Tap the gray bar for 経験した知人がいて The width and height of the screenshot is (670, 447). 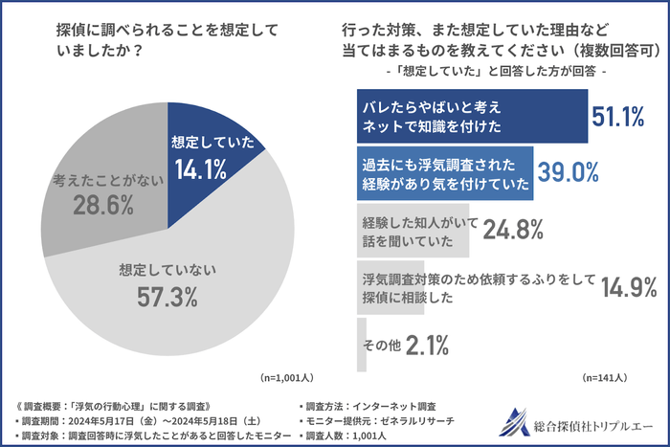(x=413, y=229)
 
